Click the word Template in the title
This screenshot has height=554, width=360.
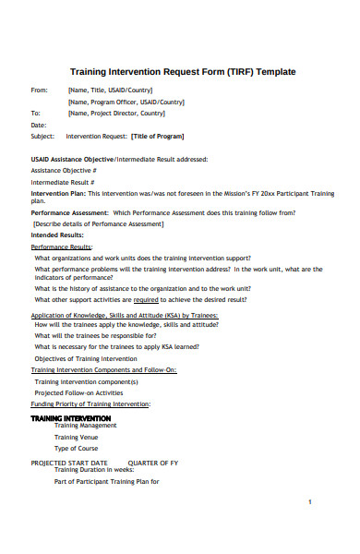pyautogui.click(x=275, y=72)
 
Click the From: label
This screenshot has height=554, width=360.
pyautogui.click(x=39, y=90)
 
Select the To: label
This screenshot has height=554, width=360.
pyautogui.click(x=36, y=113)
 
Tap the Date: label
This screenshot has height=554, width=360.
pyautogui.click(x=39, y=125)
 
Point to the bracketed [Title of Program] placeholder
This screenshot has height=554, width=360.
pyautogui.click(x=157, y=136)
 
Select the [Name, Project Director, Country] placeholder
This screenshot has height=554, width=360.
pyautogui.click(x=116, y=113)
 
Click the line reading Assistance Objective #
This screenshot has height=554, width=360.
pyautogui.click(x=64, y=171)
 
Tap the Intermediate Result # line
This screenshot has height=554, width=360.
pyautogui.click(x=63, y=182)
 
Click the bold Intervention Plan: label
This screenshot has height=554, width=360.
pyautogui.click(x=59, y=193)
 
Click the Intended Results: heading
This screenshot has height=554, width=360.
pyautogui.click(x=57, y=235)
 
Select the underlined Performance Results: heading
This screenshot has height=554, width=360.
pyautogui.click(x=62, y=247)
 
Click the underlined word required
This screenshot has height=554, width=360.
pyautogui.click(x=148, y=300)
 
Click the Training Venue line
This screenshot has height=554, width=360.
pyautogui.click(x=82, y=438)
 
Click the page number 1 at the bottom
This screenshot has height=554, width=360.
pyautogui.click(x=310, y=501)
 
